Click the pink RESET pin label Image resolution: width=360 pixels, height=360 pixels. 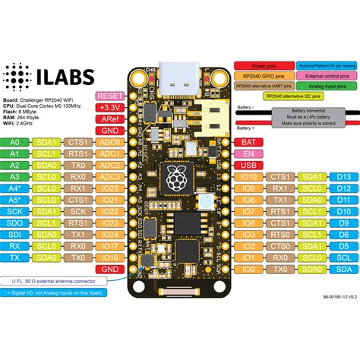(x=109, y=96)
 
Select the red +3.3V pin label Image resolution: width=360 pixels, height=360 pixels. (x=109, y=108)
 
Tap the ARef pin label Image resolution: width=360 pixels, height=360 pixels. (x=109, y=119)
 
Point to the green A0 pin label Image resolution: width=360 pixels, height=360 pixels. (x=14, y=141)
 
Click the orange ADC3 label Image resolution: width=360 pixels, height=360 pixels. (x=109, y=176)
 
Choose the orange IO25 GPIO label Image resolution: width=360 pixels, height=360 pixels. (x=109, y=188)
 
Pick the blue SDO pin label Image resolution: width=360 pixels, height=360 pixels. (x=14, y=223)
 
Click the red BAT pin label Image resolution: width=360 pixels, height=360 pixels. (x=248, y=141)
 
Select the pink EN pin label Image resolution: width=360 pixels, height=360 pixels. (x=248, y=153)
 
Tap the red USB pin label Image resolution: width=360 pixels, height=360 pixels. (x=248, y=165)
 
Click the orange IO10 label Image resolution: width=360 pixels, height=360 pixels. (x=248, y=176)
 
